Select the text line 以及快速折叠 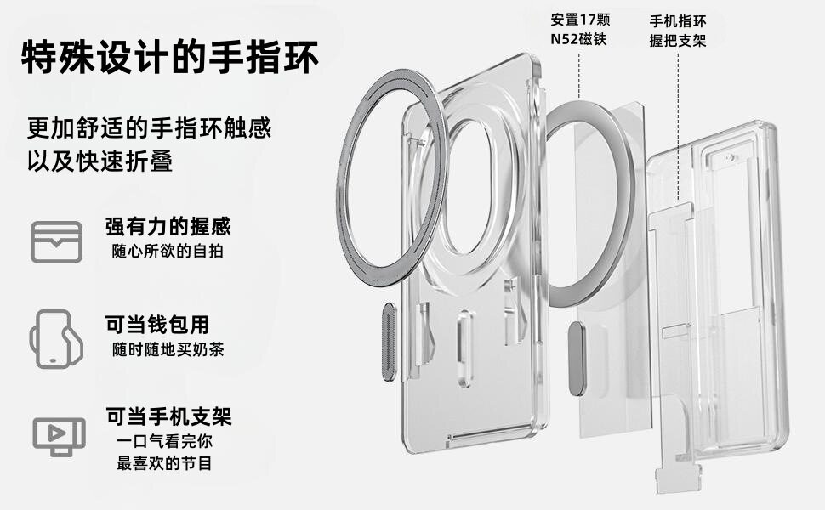(x=100, y=161)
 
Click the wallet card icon (x=57, y=241)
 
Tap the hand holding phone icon (x=56, y=337)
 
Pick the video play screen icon (x=58, y=435)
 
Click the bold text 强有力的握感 (x=168, y=227)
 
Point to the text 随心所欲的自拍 (x=168, y=252)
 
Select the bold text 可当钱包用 (x=156, y=324)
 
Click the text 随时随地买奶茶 (x=168, y=349)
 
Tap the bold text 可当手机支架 (x=168, y=416)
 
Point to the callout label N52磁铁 (x=578, y=40)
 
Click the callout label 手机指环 (x=677, y=20)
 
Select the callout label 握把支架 (x=677, y=40)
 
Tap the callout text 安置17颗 (x=580, y=20)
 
